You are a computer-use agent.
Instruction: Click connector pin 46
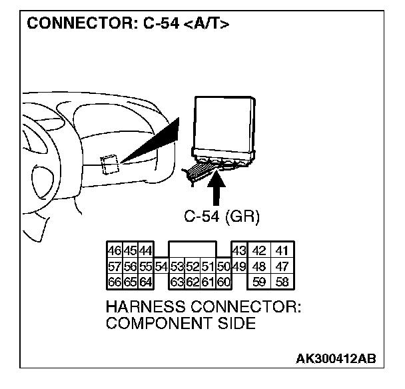113,250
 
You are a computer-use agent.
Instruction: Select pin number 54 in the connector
161,266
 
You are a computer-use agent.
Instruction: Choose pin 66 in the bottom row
113,281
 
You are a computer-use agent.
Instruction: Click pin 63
177,281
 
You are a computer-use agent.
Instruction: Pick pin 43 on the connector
238,251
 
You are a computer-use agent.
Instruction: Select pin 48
260,266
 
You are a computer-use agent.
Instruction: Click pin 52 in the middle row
192,266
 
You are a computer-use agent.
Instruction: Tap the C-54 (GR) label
221,216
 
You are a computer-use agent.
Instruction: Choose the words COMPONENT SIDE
181,324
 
